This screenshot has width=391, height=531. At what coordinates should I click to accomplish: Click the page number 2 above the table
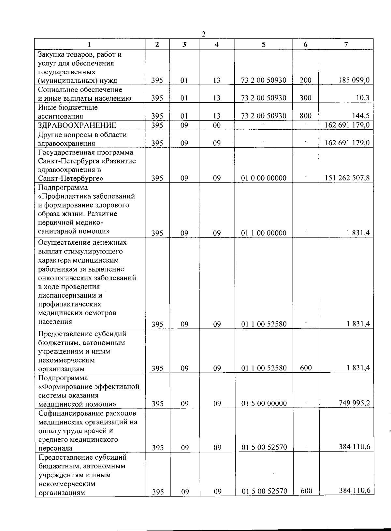(x=203, y=34)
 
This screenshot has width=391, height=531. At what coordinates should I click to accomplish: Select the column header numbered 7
(x=346, y=44)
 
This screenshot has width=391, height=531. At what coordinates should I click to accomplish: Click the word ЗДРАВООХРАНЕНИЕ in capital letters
(x=77, y=125)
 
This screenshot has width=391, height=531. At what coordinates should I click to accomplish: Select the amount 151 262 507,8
(x=347, y=178)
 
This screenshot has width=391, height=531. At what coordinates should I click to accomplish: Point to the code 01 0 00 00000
(x=264, y=178)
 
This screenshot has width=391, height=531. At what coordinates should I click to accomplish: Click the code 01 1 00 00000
(x=264, y=233)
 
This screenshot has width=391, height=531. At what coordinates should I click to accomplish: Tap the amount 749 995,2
(x=354, y=403)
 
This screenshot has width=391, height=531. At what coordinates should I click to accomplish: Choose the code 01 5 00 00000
(x=264, y=404)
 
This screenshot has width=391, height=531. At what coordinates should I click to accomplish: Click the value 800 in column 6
(x=305, y=116)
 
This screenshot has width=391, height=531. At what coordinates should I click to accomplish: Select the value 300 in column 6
(x=305, y=98)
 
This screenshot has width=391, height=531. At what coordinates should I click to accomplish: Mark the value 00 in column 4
(x=217, y=125)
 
